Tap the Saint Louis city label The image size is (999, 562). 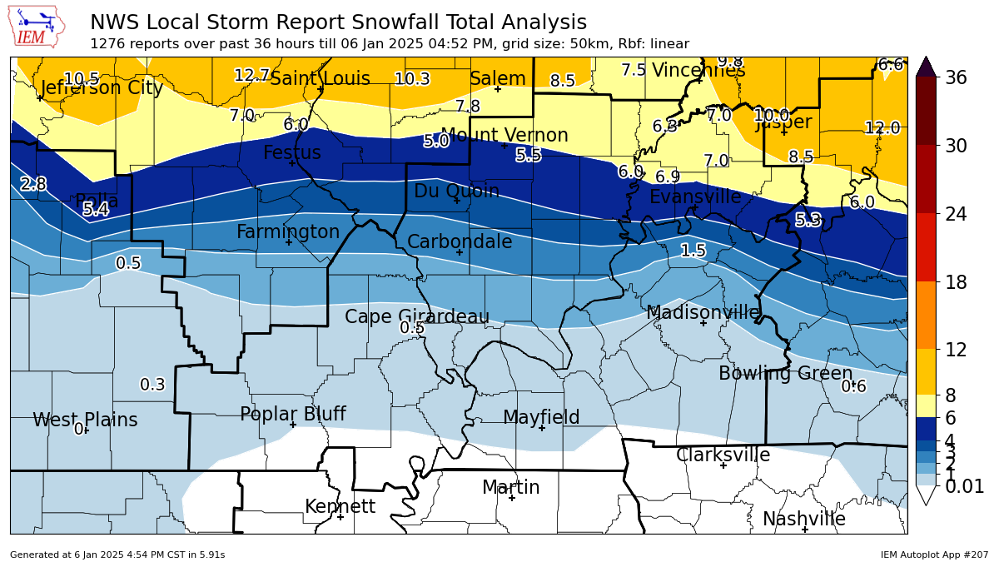[x=320, y=79]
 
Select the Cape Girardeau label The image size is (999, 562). [x=416, y=316]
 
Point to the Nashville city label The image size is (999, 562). [x=803, y=520]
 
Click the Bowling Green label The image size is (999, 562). [x=785, y=374]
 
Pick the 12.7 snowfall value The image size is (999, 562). [x=251, y=76]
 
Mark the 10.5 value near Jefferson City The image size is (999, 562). [x=82, y=79]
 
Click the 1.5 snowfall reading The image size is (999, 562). [x=693, y=251]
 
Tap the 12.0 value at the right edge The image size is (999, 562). [x=882, y=128]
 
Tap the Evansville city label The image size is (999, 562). [x=694, y=197]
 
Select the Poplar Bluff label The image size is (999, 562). [x=292, y=414]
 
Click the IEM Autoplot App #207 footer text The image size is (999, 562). [x=934, y=555]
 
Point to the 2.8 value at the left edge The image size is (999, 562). [x=33, y=185]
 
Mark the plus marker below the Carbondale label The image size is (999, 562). [x=459, y=252]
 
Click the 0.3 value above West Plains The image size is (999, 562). [x=152, y=385]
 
